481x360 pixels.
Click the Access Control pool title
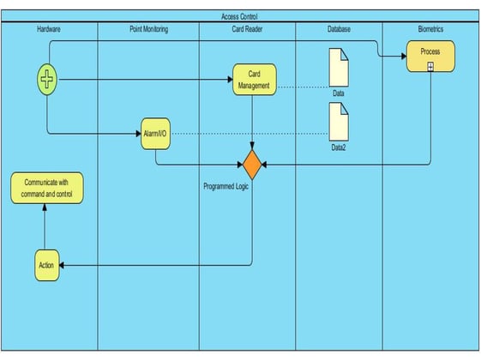coord(239,16)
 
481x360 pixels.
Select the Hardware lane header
coord(49,29)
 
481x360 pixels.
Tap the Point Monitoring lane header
coord(149,29)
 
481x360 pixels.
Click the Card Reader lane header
coord(247,29)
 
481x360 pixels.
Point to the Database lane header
coord(339,29)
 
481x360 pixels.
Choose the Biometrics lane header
coord(430,29)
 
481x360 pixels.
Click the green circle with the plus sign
coord(47,80)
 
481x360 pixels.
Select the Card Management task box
coord(255,80)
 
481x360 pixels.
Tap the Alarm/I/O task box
coord(155,134)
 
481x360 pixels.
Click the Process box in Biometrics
coord(430,56)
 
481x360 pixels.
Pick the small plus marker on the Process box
coord(430,67)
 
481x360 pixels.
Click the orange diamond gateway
coord(252,165)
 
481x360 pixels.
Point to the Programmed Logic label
coord(225,187)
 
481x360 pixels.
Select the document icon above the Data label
coord(339,68)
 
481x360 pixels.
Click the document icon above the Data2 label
coord(339,122)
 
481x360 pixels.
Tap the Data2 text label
coord(339,147)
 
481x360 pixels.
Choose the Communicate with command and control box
coord(47,188)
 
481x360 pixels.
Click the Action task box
coord(46,265)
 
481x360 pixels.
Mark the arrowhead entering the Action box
coord(62,265)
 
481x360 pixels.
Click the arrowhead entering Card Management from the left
coord(230,80)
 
